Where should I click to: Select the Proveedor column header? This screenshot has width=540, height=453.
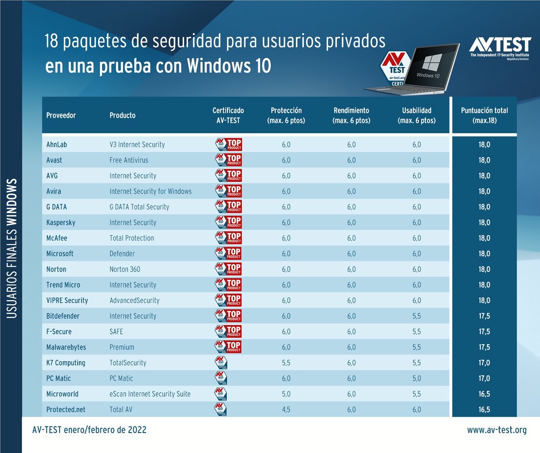click(61, 115)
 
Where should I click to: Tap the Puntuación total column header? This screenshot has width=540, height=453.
click(484, 115)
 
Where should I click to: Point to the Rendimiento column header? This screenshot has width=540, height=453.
click(351, 115)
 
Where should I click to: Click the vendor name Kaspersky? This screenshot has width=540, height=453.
click(61, 223)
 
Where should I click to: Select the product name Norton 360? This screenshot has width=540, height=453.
click(125, 269)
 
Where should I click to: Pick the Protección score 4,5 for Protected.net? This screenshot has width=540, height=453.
click(286, 410)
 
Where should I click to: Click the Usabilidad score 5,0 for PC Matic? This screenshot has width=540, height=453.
click(416, 378)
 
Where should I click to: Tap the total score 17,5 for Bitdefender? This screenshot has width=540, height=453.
click(484, 316)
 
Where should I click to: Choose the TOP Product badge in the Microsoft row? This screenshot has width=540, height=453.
click(228, 253)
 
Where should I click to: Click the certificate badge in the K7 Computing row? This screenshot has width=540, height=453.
click(221, 363)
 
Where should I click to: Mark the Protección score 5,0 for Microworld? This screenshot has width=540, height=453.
click(286, 394)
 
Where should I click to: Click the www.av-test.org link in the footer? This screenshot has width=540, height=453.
click(497, 430)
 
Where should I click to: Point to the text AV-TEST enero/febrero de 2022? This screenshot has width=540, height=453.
click(89, 430)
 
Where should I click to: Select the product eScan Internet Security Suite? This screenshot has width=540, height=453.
click(150, 394)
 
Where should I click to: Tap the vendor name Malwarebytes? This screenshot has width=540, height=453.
click(66, 347)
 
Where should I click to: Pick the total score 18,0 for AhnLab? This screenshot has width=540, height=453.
click(484, 144)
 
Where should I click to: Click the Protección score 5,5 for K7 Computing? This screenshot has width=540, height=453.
click(286, 363)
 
